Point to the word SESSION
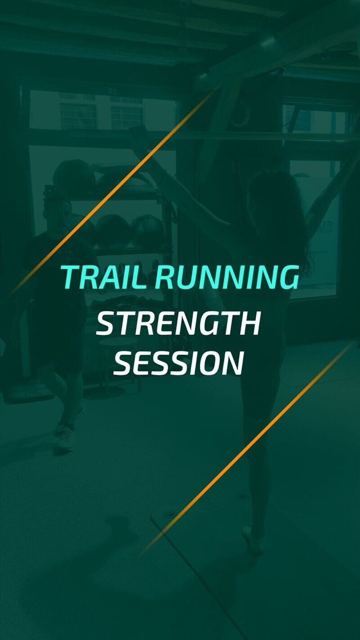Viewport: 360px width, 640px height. point(179,363)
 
